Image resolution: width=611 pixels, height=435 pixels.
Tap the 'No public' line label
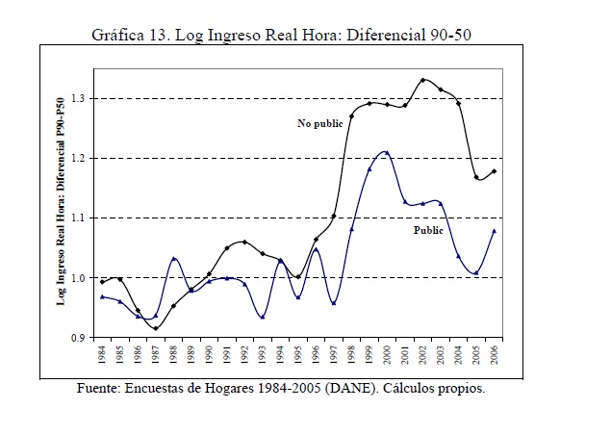coord(320,124)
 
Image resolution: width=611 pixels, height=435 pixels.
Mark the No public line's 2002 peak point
coord(423,80)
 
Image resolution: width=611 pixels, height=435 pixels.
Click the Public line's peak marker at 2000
coord(387,152)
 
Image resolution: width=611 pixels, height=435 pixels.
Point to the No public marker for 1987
coord(156,328)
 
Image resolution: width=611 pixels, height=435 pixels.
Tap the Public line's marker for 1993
coord(263,317)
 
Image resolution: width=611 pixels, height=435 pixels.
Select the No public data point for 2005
coord(475,177)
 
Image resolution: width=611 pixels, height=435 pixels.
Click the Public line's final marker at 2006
coord(494,231)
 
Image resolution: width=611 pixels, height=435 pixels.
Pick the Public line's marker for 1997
coord(333,303)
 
